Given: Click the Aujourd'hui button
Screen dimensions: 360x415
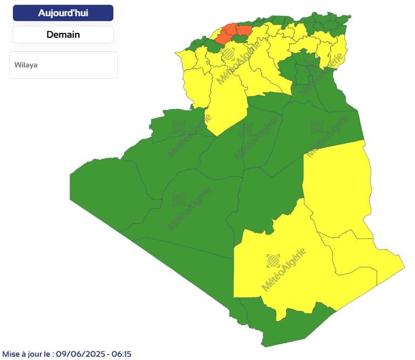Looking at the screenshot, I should (63, 13).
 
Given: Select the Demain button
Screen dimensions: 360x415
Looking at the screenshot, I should (63, 35).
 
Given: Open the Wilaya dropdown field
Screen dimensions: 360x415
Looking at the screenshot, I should (63, 65).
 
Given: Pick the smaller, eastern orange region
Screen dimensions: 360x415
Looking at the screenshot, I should (243, 30).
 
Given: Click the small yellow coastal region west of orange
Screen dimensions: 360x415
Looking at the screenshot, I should (212, 36).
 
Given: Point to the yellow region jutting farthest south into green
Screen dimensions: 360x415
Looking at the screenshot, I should (224, 108).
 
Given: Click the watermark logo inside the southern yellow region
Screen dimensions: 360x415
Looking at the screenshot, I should (273, 261).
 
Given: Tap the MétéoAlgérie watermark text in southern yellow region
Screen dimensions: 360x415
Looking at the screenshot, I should (284, 270).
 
